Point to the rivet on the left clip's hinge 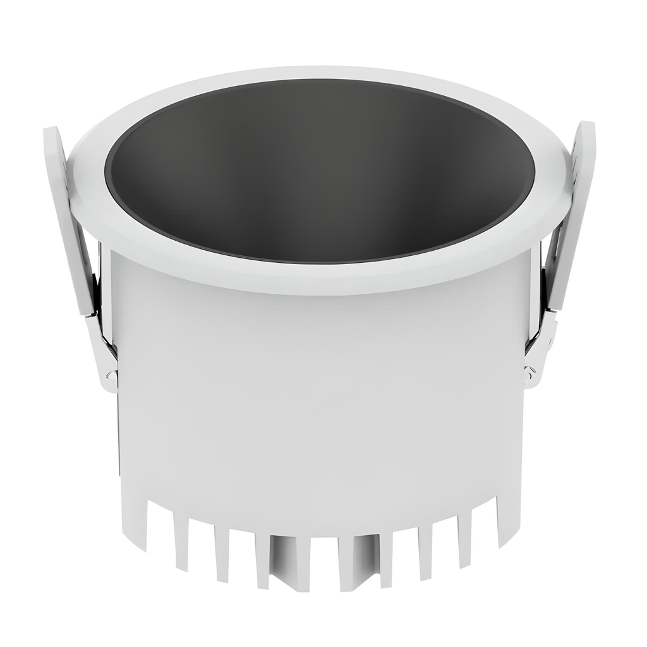click(112, 377)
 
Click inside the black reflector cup click(319, 171)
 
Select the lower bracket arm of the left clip click(104, 354)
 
